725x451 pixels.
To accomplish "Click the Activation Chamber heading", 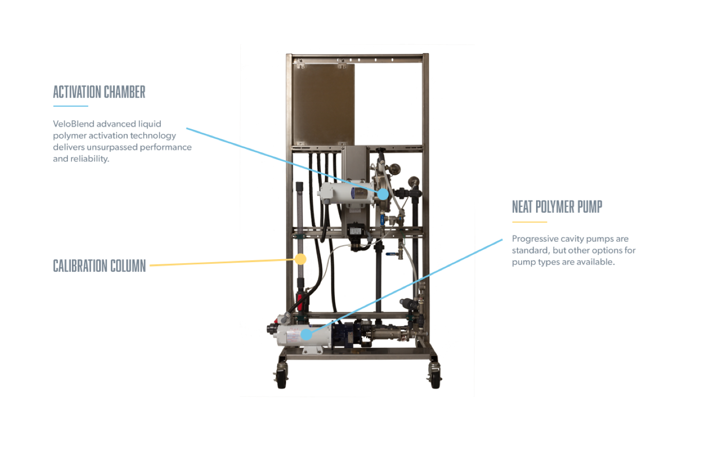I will point(99,92).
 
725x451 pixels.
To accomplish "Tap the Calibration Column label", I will point(99,266).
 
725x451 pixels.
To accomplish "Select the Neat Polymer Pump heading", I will point(557,206).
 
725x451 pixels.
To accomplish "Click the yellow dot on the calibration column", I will point(300,259).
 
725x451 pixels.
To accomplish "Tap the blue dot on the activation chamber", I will point(383,194).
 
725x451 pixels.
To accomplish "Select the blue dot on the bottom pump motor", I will point(306,335).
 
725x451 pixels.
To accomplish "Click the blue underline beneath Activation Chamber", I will point(70,106).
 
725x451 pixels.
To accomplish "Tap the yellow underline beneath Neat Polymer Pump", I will point(529,222).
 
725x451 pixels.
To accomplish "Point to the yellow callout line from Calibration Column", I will point(221,263).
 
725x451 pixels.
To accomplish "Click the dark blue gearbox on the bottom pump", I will point(342,334).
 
